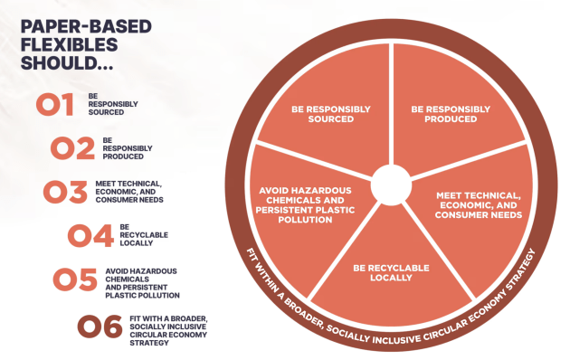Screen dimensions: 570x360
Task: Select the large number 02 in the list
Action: pyautogui.click(x=73, y=147)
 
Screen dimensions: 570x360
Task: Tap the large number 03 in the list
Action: pyautogui.click(x=65, y=191)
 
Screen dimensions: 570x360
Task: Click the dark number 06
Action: pyautogui.click(x=100, y=325)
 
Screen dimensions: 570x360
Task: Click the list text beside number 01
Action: pyautogui.click(x=107, y=104)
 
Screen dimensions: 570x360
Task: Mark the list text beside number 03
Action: pyautogui.click(x=128, y=191)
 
